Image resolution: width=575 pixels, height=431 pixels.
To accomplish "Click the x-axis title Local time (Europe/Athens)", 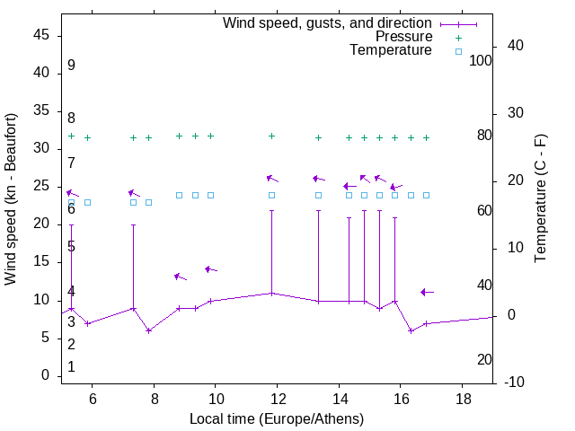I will (277, 418).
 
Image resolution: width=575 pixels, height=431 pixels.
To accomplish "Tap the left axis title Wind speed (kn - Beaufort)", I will (11, 199).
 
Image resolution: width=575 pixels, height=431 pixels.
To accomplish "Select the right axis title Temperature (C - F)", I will (540, 199).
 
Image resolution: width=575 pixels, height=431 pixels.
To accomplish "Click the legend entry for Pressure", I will (403, 37).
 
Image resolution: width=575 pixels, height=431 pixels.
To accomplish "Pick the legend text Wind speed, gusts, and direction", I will (327, 22).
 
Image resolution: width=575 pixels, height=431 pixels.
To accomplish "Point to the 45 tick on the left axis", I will (40, 35).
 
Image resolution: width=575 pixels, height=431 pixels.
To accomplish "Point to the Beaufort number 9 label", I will (71, 66).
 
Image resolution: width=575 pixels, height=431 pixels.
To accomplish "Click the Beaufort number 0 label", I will (71, 367).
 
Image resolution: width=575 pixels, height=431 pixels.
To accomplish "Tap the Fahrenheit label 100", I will (482, 61).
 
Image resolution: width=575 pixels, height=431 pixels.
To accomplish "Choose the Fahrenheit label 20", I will (485, 360).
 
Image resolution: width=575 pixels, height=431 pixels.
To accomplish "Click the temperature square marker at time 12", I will (272, 195).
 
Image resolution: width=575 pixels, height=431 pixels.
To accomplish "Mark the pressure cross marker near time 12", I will (272, 136).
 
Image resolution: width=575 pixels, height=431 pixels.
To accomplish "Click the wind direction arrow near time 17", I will (427, 292).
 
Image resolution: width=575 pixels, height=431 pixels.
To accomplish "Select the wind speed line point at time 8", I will (149, 330).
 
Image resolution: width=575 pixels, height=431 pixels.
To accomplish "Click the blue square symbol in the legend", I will (458, 51).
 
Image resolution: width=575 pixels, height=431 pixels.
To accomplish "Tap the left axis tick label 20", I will (40, 224).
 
